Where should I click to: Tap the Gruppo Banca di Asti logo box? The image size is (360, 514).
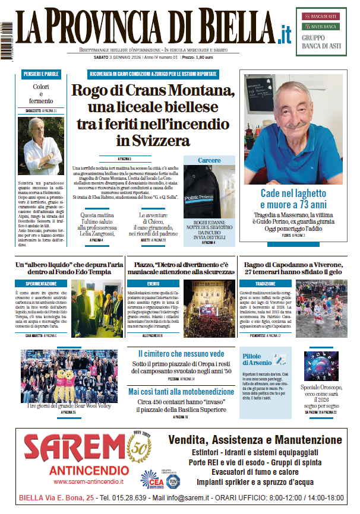(325, 31)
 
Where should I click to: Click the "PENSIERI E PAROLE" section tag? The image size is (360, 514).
(40, 74)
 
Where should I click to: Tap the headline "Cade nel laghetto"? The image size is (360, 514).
(293, 193)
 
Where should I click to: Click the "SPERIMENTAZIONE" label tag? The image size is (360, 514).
(40, 284)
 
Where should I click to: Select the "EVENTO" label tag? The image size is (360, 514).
(154, 284)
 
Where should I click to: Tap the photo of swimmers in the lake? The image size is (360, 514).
(321, 309)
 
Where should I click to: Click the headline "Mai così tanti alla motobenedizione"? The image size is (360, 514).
(182, 392)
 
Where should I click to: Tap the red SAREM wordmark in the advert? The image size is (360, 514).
(70, 449)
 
